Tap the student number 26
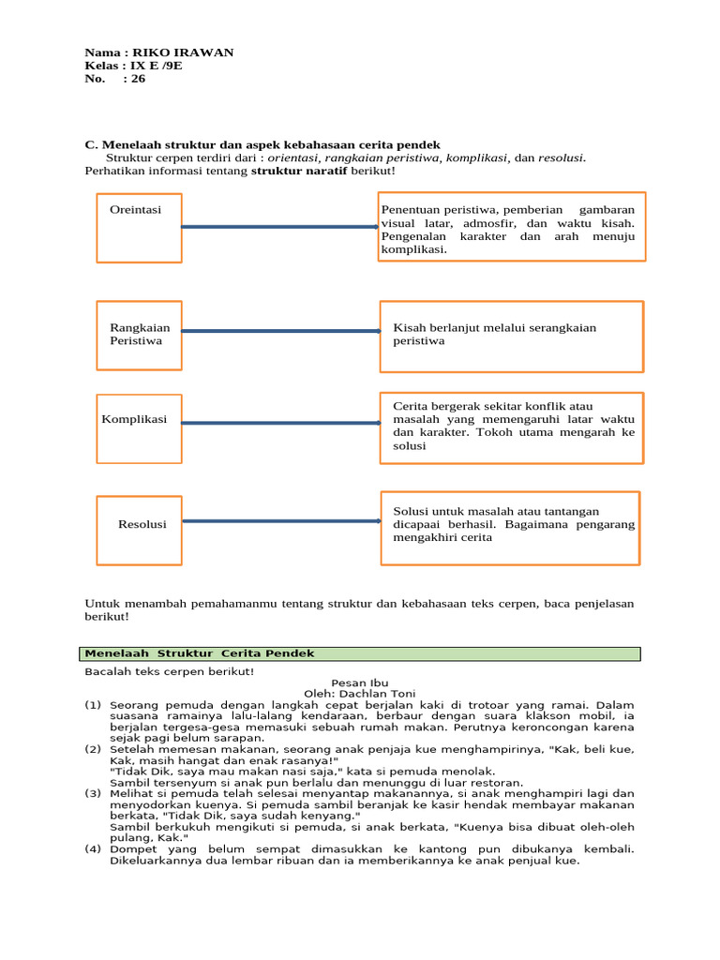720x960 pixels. point(138,79)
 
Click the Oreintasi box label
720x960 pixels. point(135,210)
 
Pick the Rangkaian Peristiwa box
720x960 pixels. point(140,335)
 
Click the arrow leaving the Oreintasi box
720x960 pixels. point(279,227)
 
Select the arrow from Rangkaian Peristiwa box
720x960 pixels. point(279,330)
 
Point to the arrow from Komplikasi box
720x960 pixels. point(279,423)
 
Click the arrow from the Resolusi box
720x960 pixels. point(281,521)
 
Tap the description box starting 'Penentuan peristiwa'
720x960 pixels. point(510,229)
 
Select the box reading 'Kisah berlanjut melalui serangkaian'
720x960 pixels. point(511,336)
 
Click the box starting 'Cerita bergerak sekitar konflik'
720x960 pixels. point(511,427)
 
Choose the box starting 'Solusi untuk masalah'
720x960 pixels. point(510,528)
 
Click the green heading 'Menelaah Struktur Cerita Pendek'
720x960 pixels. point(200,653)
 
